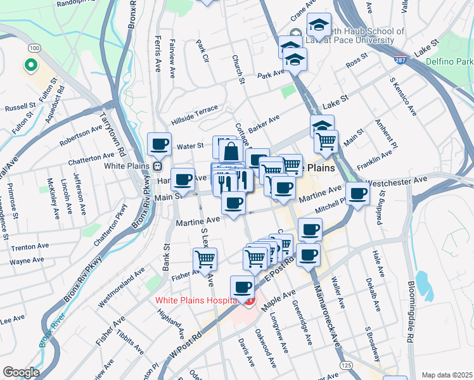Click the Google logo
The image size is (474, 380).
[x=21, y=372]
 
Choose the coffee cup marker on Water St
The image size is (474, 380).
[x=159, y=144]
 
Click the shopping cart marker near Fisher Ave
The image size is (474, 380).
[x=205, y=258]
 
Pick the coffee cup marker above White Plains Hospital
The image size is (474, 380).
[x=241, y=287]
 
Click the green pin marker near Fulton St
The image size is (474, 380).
[x=29, y=65]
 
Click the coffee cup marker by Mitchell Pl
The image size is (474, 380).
[x=357, y=193]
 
